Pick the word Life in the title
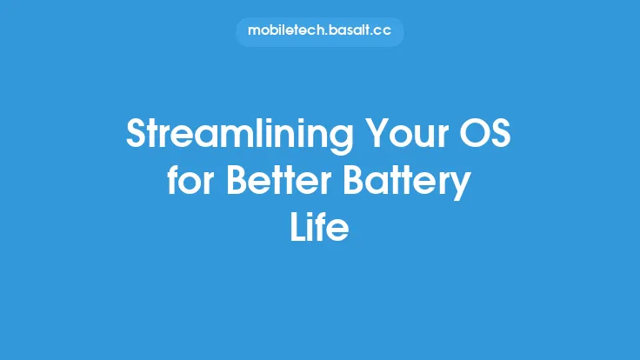coord(319,228)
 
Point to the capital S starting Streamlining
coord(137,135)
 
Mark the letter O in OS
coord(472,135)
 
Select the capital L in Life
coord(297,228)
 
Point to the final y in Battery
coord(462,186)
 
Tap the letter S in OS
coord(502,135)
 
